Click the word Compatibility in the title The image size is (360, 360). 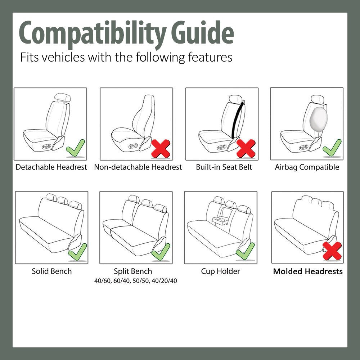coord(92,33)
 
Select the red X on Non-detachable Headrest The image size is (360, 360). coord(161,148)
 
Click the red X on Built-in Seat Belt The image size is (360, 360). coord(246,148)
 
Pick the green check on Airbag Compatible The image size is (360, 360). coord(332,148)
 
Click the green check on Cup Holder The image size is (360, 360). coord(245,251)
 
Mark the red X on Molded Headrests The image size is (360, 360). coord(332,251)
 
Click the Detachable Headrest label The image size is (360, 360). coord(51,167)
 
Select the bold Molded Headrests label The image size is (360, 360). coord(308,271)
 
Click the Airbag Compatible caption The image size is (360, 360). coord(307,167)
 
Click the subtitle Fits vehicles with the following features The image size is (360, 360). coord(126,57)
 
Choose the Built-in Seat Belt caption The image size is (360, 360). coord(224,167)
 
